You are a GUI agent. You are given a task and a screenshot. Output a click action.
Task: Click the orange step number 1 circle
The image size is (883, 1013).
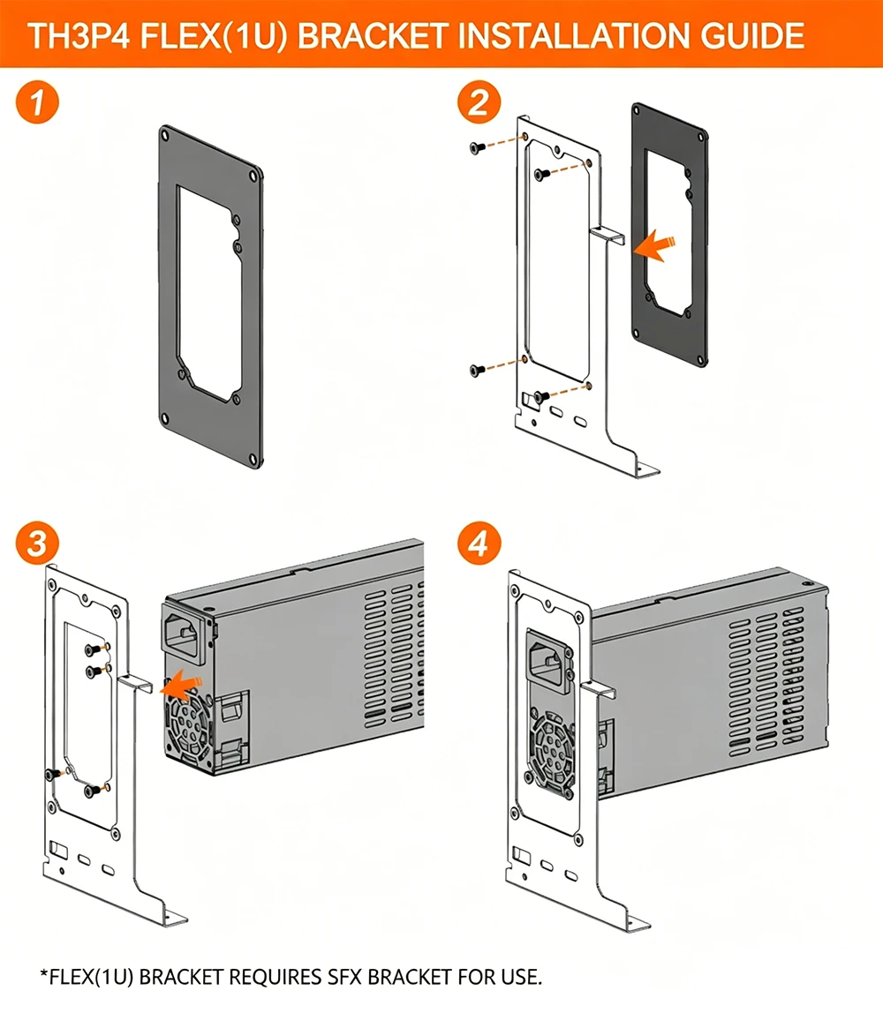[37, 102]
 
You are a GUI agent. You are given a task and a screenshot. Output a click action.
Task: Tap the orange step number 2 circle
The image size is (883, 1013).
[479, 102]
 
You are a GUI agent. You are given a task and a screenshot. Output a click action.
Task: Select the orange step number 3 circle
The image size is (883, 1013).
[37, 543]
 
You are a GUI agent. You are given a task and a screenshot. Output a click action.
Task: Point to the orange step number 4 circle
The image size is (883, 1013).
[479, 543]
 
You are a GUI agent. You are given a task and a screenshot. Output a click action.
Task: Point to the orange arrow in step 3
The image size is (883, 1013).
[182, 685]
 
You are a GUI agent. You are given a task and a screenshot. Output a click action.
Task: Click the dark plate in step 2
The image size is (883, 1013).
[669, 234]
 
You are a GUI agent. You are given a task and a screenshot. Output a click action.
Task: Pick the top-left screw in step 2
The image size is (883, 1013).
[477, 148]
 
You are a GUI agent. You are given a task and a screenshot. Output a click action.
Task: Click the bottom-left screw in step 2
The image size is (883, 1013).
[477, 371]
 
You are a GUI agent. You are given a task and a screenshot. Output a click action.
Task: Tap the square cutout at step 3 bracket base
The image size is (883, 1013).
[58, 848]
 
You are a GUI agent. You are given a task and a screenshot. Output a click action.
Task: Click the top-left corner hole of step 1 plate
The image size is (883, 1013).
[165, 136]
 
